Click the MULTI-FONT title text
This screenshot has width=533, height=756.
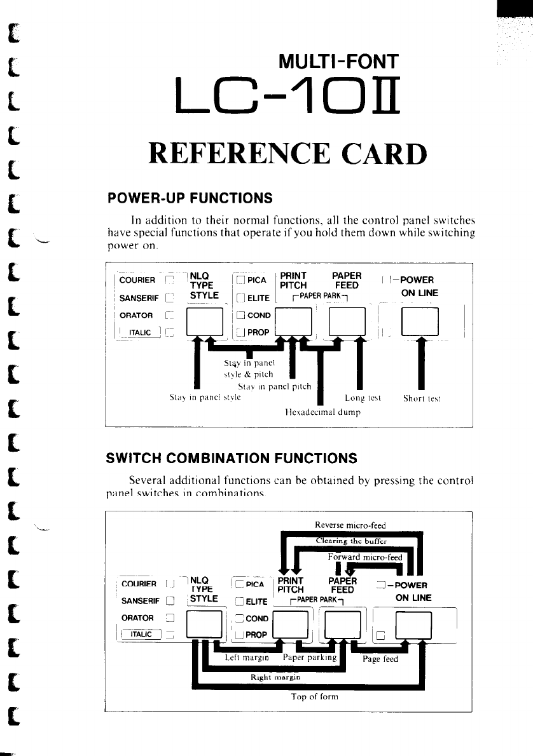point(338,62)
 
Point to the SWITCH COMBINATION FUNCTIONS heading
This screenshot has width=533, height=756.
point(232,458)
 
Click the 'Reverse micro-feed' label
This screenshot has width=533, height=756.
point(350,525)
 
